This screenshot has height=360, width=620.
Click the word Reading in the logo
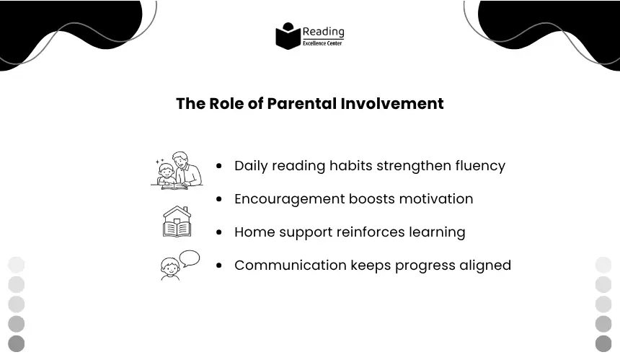click(323, 32)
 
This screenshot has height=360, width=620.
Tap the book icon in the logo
click(288, 36)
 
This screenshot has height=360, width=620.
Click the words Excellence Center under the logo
click(322, 43)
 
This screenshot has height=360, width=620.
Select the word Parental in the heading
click(301, 104)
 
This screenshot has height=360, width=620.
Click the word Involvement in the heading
click(392, 104)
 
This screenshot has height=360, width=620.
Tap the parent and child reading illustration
click(177, 170)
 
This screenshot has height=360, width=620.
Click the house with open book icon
click(177, 221)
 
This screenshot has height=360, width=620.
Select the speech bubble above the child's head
click(190, 258)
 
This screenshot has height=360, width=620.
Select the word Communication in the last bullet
click(291, 265)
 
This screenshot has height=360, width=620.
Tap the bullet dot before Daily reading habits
click(219, 166)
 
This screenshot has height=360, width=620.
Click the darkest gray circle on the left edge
click(16, 343)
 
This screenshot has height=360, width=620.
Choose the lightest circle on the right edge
click(603, 265)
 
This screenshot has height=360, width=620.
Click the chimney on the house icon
click(185, 209)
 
